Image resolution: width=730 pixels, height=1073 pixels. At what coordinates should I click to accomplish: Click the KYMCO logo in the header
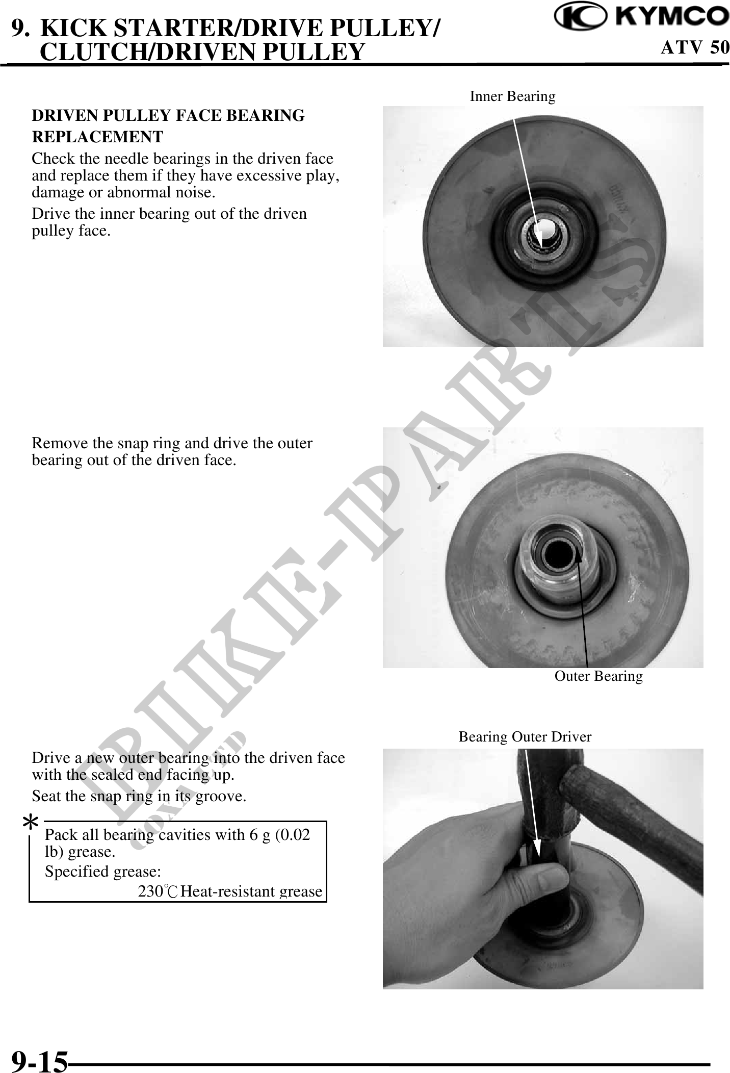[641, 17]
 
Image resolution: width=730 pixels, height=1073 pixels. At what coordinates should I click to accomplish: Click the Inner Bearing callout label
[512, 96]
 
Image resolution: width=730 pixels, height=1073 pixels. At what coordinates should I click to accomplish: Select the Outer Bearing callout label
[598, 676]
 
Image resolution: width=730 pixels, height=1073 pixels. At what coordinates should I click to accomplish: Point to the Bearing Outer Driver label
[525, 737]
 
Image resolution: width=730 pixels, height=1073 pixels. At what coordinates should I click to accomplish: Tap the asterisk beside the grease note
[32, 823]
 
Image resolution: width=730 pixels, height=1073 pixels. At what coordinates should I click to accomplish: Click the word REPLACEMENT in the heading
[97, 137]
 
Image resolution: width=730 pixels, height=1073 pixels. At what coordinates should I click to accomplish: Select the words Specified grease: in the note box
[103, 872]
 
